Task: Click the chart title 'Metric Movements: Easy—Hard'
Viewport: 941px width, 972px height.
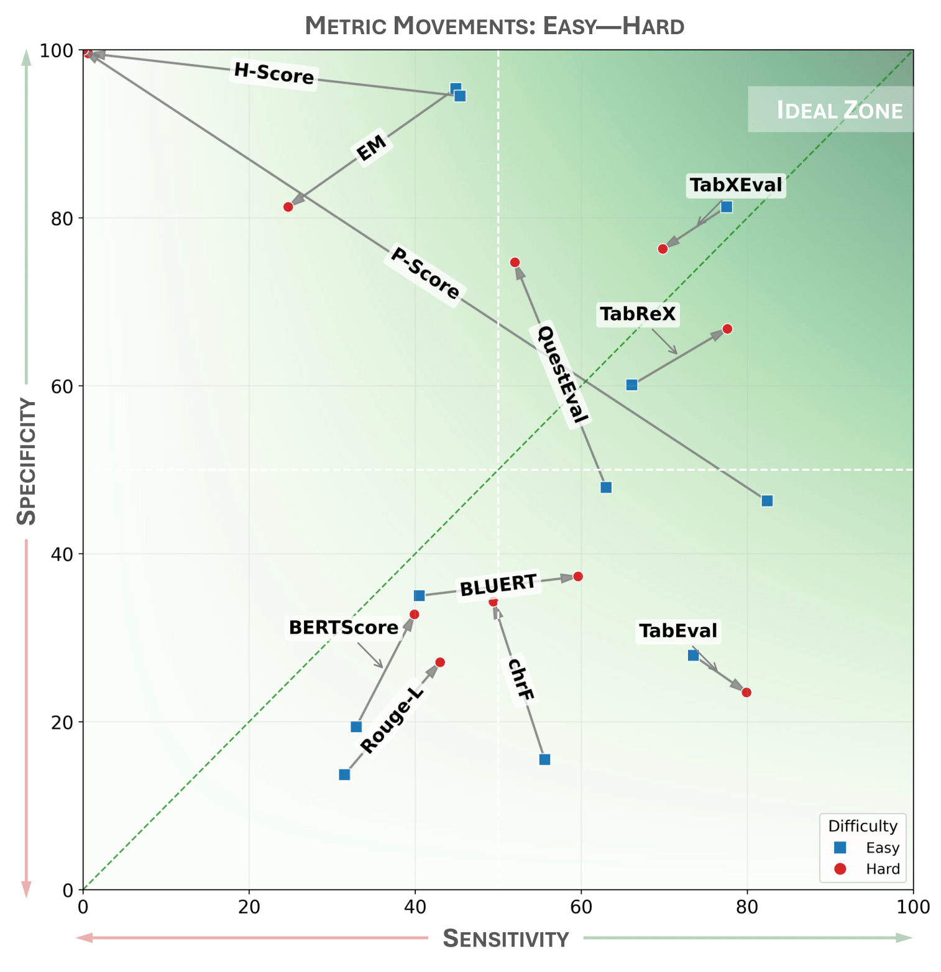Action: click(x=494, y=26)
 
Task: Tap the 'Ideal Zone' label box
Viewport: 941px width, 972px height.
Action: click(x=831, y=109)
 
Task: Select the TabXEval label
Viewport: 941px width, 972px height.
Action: click(x=736, y=185)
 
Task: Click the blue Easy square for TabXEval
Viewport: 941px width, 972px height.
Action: click(x=727, y=207)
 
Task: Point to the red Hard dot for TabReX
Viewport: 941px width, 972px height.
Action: click(x=727, y=329)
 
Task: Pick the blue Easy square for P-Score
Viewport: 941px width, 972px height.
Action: click(x=767, y=501)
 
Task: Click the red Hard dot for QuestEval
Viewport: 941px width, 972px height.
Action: click(x=515, y=262)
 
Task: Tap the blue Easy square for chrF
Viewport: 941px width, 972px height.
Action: click(x=544, y=759)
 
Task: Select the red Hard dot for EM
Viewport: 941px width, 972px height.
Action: click(x=288, y=207)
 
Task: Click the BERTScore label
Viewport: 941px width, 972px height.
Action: click(x=343, y=628)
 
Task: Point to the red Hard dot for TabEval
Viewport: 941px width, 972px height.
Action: click(x=746, y=692)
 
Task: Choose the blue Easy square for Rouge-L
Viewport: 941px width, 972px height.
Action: click(x=344, y=774)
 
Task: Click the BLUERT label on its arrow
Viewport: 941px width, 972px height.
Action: click(x=498, y=585)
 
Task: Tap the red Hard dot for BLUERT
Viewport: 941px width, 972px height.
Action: click(x=577, y=577)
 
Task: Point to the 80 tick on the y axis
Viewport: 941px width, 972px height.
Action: click(x=65, y=219)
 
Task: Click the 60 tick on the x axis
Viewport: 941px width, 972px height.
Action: click(x=581, y=907)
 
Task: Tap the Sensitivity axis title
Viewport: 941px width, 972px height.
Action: click(x=505, y=938)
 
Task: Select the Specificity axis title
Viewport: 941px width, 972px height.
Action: click(x=27, y=461)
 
